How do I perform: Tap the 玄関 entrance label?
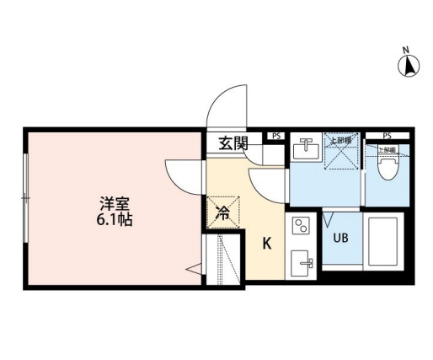point(233,142)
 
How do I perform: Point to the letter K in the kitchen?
point(266,244)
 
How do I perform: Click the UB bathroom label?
point(341,238)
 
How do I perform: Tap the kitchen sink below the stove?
point(302,264)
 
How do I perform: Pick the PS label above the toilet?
point(387,135)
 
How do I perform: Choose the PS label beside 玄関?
point(275,135)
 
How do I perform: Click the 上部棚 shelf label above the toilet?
point(387,149)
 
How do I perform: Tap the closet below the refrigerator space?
point(223,259)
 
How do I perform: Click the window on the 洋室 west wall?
point(26,198)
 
